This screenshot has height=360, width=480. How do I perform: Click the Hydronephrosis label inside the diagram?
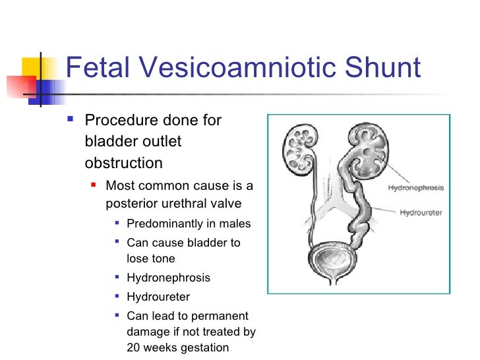(x=415, y=188)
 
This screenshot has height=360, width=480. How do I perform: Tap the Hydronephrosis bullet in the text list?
(x=168, y=278)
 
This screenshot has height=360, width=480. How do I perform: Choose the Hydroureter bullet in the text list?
(x=158, y=297)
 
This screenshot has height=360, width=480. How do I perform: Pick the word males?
(x=235, y=223)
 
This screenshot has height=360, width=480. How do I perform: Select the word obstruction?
(x=123, y=162)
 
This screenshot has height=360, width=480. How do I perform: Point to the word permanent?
(x=219, y=316)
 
